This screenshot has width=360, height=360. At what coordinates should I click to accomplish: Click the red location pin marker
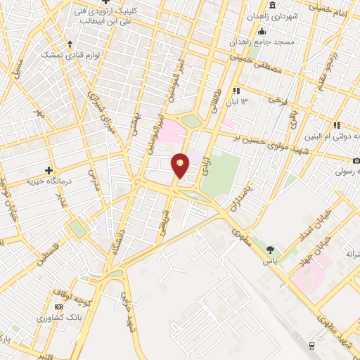point(181,165)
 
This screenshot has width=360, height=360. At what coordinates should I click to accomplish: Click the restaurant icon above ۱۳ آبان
point(237,91)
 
